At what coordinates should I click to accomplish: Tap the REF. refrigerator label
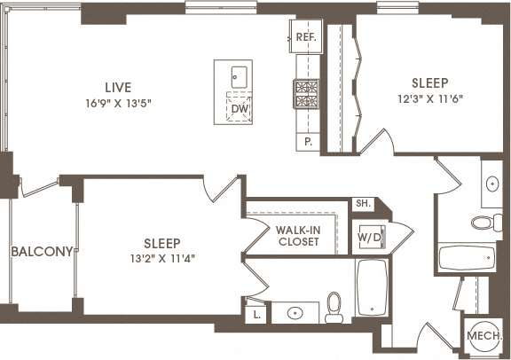[306, 37]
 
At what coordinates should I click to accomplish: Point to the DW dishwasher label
[237, 109]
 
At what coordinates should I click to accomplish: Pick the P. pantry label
[308, 141]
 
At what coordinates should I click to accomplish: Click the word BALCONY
[41, 252]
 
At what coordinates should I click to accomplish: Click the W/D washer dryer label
[368, 238]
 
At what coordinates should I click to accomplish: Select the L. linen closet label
[255, 311]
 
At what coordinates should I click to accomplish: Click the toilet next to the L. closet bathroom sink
[335, 308]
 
